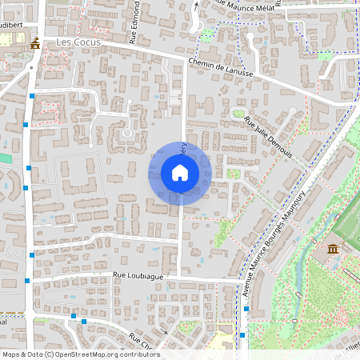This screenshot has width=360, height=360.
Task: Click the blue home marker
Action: (180, 173)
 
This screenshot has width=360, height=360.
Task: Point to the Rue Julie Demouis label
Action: (269, 137)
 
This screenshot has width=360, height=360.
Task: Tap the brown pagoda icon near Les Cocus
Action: (35, 44)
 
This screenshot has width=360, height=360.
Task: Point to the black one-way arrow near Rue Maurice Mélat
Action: (197, 7)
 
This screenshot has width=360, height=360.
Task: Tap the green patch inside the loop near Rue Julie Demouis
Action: (233, 173)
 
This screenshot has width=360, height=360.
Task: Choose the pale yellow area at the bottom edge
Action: (226, 340)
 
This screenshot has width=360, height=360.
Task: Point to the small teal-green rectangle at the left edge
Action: (6, 158)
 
